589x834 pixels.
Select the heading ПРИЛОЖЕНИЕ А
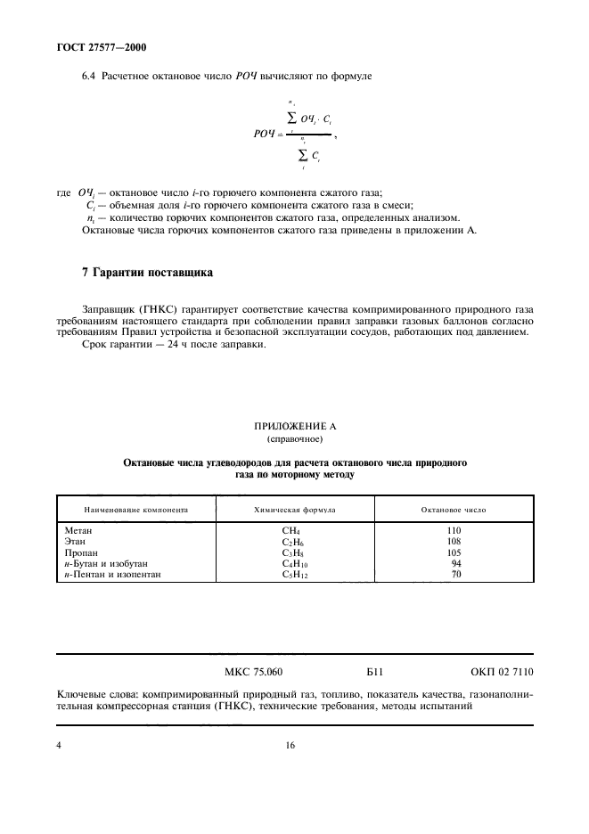pos(295,427)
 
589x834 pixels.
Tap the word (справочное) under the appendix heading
pos(295,439)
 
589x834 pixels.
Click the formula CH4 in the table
pos(291,531)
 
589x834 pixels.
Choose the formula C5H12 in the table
pos(293,575)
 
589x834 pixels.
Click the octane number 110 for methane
pos(454,530)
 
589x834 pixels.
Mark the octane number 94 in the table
pos(456,563)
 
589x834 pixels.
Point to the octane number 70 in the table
pos(456,575)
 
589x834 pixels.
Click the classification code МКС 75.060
pos(248,673)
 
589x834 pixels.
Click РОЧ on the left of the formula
pos(266,134)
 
